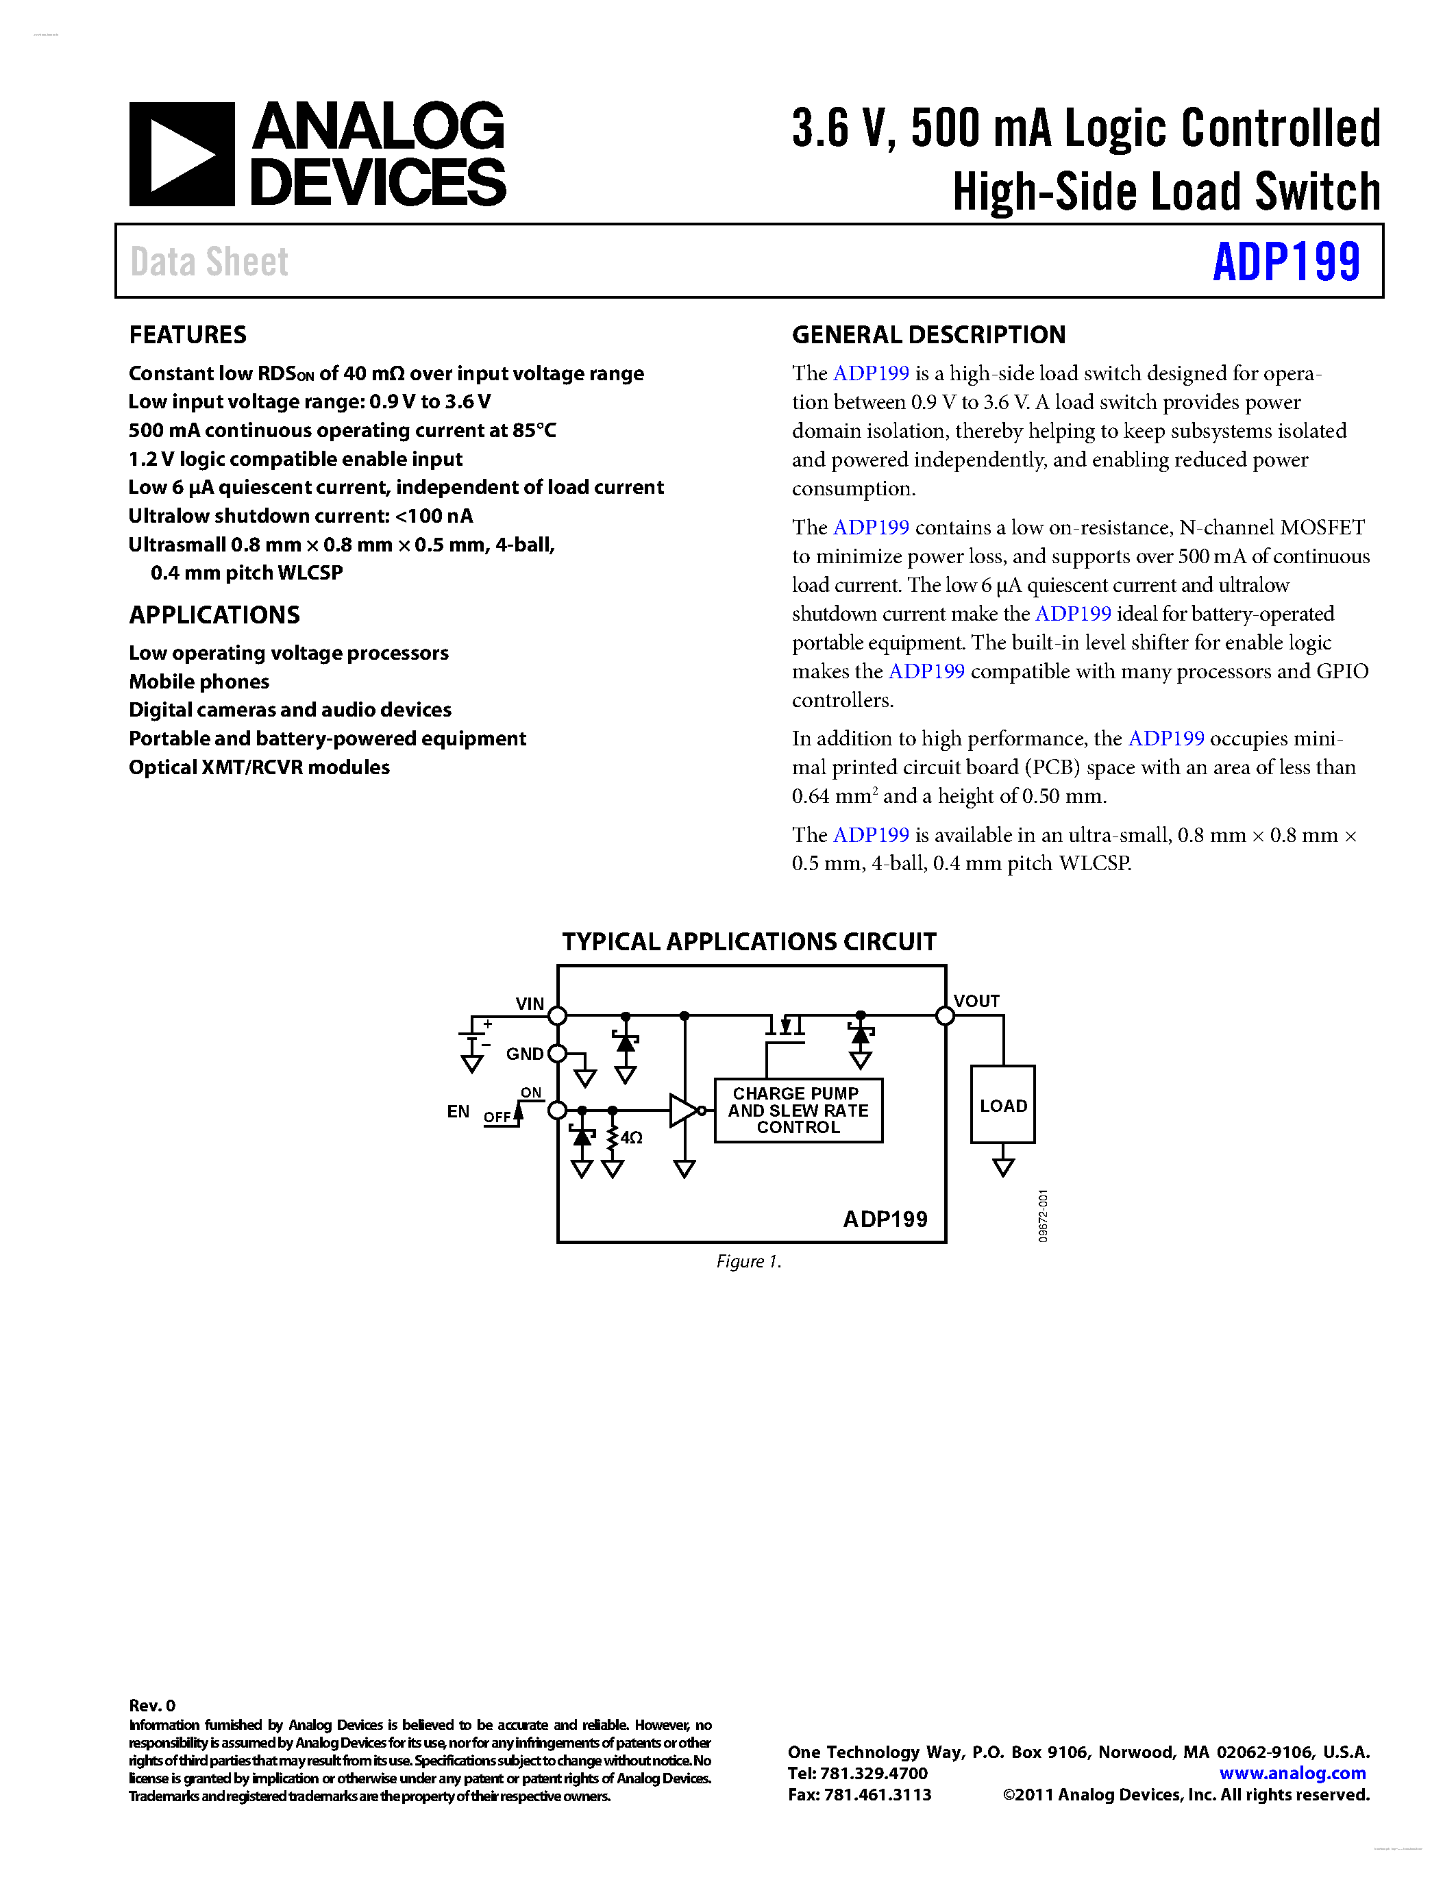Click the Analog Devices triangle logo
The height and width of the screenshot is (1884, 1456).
(181, 154)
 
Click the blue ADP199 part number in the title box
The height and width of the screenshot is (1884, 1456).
(1285, 262)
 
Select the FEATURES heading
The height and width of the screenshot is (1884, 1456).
(187, 335)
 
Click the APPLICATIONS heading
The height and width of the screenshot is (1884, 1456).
(214, 615)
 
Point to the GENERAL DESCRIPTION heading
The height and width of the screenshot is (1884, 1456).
(928, 335)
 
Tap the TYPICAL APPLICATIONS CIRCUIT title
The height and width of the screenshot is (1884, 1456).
(749, 941)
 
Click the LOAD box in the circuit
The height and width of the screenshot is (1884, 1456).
(1002, 1105)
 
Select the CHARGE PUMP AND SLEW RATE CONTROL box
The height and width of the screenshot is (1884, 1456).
(798, 1111)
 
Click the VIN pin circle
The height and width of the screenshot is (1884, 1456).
(558, 1015)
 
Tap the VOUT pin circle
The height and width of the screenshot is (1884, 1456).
(946, 1015)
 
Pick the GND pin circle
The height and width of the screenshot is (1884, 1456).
(557, 1053)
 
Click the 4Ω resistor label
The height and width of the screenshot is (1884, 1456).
(632, 1138)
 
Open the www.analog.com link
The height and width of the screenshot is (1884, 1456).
(1292, 1773)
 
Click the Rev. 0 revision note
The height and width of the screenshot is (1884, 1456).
(152, 1705)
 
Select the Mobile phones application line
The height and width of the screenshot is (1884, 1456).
(199, 682)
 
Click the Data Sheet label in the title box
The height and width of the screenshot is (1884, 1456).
(209, 262)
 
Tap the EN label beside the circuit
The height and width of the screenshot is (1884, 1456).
(458, 1111)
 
